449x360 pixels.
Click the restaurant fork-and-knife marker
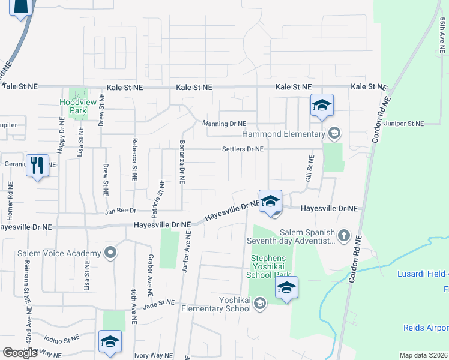click(x=38, y=166)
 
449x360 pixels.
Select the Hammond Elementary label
click(x=283, y=134)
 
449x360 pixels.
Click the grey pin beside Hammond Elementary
click(x=334, y=133)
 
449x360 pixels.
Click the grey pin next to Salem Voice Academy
click(x=110, y=253)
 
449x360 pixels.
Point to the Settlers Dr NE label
click(x=243, y=149)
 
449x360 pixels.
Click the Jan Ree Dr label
click(x=121, y=211)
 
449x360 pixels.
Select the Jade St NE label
click(x=158, y=305)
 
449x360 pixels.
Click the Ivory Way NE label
click(x=152, y=355)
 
